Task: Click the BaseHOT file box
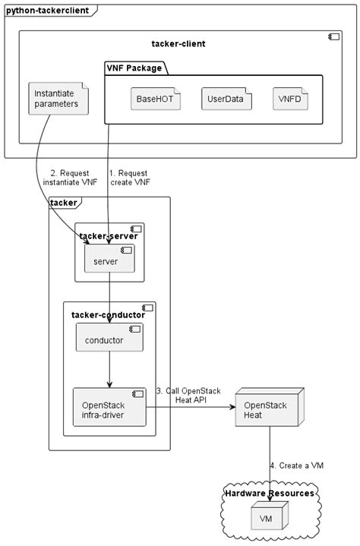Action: point(155,99)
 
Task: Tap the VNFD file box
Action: point(292,99)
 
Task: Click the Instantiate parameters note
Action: point(56,99)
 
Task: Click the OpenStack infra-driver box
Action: point(109,409)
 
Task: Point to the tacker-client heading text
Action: point(178,44)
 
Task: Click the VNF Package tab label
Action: point(134,68)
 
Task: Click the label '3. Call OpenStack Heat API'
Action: point(188,396)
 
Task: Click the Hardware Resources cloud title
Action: point(270,494)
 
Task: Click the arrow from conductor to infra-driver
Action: point(109,370)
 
